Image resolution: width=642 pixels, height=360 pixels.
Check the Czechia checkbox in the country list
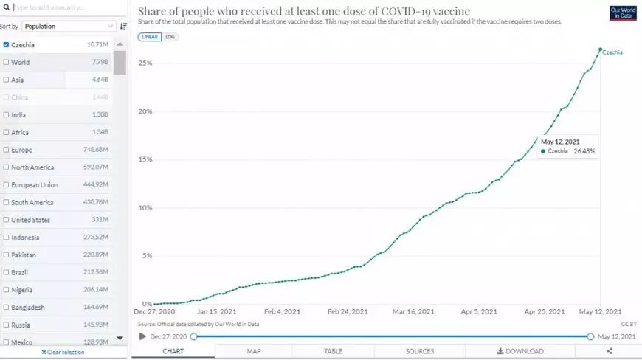pos(6,45)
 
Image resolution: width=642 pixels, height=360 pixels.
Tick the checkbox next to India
pos(6,115)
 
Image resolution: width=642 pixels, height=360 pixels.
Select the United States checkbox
pos(6,220)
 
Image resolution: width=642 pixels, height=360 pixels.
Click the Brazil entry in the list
pos(20,272)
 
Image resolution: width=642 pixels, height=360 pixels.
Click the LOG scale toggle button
pos(170,36)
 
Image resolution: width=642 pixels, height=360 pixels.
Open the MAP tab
pos(254,351)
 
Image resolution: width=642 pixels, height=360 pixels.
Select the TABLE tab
pos(334,351)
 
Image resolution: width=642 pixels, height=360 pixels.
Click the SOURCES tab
pos(420,351)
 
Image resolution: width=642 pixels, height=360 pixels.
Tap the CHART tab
pos(173,351)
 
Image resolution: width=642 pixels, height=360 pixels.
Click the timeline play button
pos(142,336)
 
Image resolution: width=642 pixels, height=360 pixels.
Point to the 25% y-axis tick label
pos(145,63)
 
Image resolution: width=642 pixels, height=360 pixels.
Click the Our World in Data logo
pos(624,13)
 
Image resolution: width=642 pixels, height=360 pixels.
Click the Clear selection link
pos(63,352)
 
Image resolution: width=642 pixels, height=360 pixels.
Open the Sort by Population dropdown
pos(69,26)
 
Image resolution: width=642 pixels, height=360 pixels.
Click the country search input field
pos(63,8)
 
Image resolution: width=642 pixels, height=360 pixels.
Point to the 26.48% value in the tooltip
pos(584,151)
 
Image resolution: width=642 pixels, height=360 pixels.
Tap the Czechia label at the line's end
pos(612,52)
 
